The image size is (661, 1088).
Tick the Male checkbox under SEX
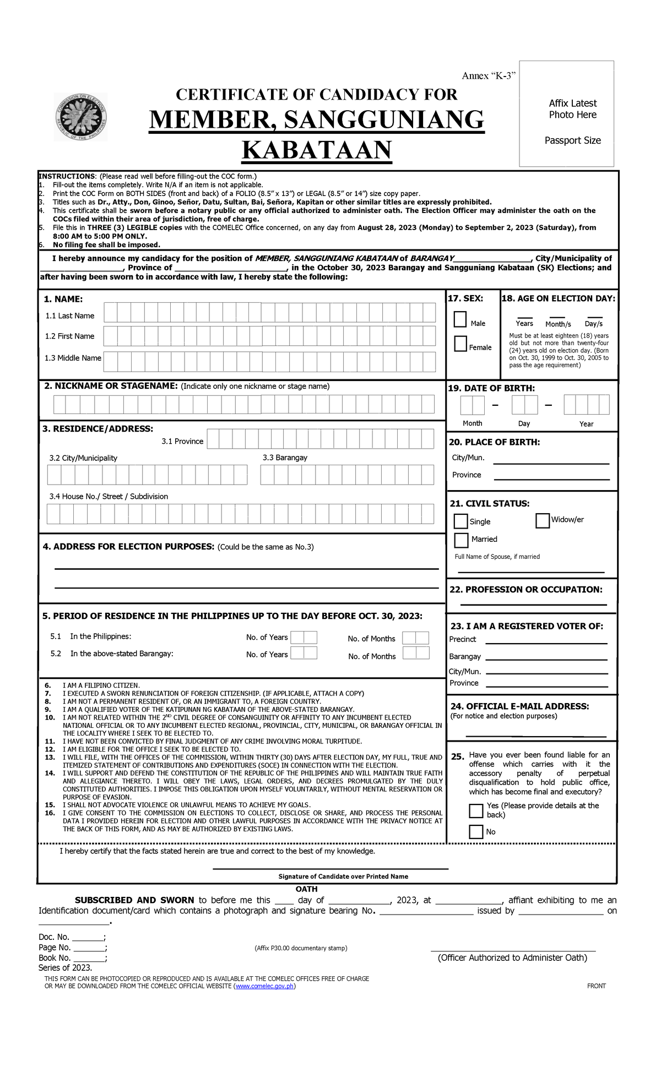[x=460, y=319]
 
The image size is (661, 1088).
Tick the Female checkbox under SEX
[x=460, y=344]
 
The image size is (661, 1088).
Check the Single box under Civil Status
[x=460, y=521]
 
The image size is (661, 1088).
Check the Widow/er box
[x=543, y=520]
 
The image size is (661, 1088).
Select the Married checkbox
[x=461, y=540]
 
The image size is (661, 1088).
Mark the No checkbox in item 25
[x=476, y=831]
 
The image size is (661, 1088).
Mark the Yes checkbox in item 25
[x=476, y=810]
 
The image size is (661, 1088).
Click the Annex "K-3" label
[x=488, y=76]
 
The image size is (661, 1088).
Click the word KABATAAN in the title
[x=317, y=150]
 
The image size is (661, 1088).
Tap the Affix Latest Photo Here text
[x=572, y=109]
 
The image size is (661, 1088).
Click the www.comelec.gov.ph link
[x=265, y=986]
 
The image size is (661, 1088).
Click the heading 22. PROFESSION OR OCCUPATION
[x=525, y=590]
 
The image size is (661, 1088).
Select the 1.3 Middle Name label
[x=73, y=358]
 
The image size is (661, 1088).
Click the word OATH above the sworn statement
[x=306, y=889]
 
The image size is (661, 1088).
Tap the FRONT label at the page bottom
[x=596, y=986]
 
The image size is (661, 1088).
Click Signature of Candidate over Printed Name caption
[x=343, y=877]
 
